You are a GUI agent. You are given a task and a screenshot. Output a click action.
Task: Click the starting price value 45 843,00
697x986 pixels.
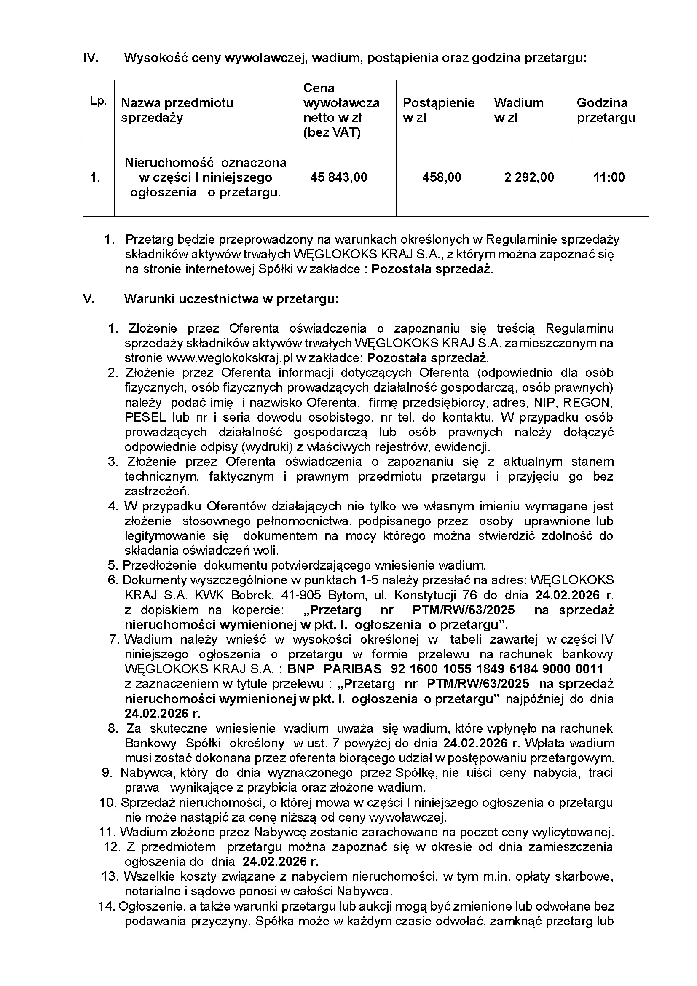click(339, 177)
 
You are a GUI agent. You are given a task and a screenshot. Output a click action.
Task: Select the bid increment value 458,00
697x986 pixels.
click(442, 177)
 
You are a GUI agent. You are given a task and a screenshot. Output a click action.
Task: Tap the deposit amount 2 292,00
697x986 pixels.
click(529, 177)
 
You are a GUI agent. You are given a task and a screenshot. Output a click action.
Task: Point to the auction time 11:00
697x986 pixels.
click(609, 177)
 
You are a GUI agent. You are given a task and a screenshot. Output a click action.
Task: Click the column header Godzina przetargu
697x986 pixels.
click(606, 110)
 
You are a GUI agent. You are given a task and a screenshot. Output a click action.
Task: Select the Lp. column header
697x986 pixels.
click(98, 102)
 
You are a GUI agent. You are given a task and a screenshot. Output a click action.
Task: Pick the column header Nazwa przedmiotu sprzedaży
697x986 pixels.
click(177, 110)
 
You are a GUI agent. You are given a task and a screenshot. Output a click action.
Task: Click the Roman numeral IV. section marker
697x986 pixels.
click(91, 58)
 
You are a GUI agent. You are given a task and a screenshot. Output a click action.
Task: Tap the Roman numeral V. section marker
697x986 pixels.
click(88, 299)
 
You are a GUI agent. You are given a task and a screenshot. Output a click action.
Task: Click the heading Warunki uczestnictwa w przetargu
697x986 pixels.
click(231, 299)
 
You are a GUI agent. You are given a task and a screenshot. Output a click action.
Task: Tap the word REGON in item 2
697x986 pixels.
click(587, 403)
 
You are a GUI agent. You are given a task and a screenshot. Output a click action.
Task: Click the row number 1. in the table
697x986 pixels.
click(95, 177)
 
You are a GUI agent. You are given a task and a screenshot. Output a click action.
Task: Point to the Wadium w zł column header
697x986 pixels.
click(518, 110)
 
